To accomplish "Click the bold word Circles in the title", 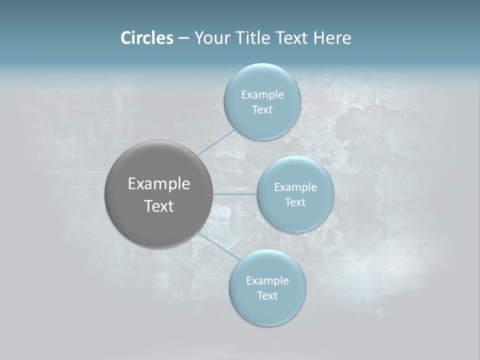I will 147,38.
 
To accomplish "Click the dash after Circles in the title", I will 183,38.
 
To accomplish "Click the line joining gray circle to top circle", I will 216,142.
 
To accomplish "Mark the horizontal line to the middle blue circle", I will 234,194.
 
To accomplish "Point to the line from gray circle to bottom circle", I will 219,246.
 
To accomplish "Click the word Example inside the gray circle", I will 159,184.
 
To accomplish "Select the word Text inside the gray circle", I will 159,206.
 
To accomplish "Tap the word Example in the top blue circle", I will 262,95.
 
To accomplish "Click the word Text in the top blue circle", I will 262,110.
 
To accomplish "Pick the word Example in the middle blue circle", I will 295,187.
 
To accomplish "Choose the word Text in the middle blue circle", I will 295,202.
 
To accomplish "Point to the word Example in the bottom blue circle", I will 267,281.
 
